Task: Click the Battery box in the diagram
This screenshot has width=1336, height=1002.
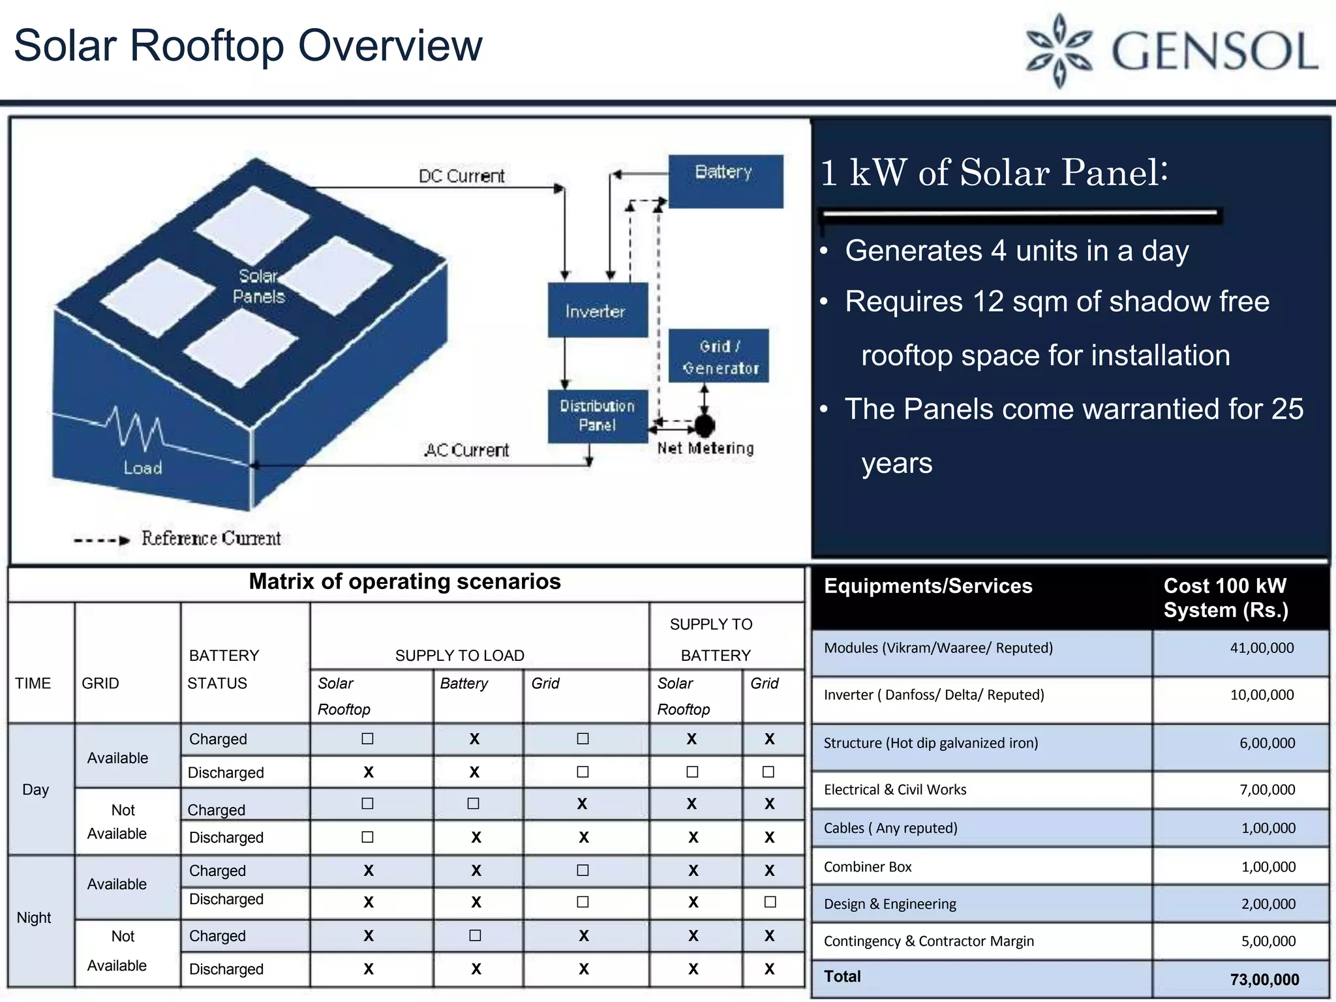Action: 725,181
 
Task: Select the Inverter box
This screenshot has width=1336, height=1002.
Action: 596,311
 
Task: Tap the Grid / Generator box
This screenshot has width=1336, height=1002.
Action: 719,356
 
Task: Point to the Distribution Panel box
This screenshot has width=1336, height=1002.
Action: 597,416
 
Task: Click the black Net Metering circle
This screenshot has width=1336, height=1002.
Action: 704,425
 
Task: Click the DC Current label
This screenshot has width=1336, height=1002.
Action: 461,176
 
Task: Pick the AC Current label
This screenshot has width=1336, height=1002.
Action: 466,450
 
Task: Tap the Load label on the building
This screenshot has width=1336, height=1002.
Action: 143,468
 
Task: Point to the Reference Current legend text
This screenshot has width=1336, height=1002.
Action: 211,538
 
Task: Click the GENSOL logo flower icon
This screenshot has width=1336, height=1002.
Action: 1059,51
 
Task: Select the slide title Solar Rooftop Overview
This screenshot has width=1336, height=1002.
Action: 248,46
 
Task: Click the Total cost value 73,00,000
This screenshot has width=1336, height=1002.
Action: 1264,979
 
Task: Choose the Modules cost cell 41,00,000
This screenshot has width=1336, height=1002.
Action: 1262,648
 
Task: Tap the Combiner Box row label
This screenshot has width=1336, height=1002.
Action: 868,867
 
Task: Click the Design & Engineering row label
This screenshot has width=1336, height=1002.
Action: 890,904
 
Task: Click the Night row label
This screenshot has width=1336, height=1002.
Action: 34,918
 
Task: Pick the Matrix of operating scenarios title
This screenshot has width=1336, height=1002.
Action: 404,581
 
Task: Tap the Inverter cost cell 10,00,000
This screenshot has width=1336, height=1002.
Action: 1262,695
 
